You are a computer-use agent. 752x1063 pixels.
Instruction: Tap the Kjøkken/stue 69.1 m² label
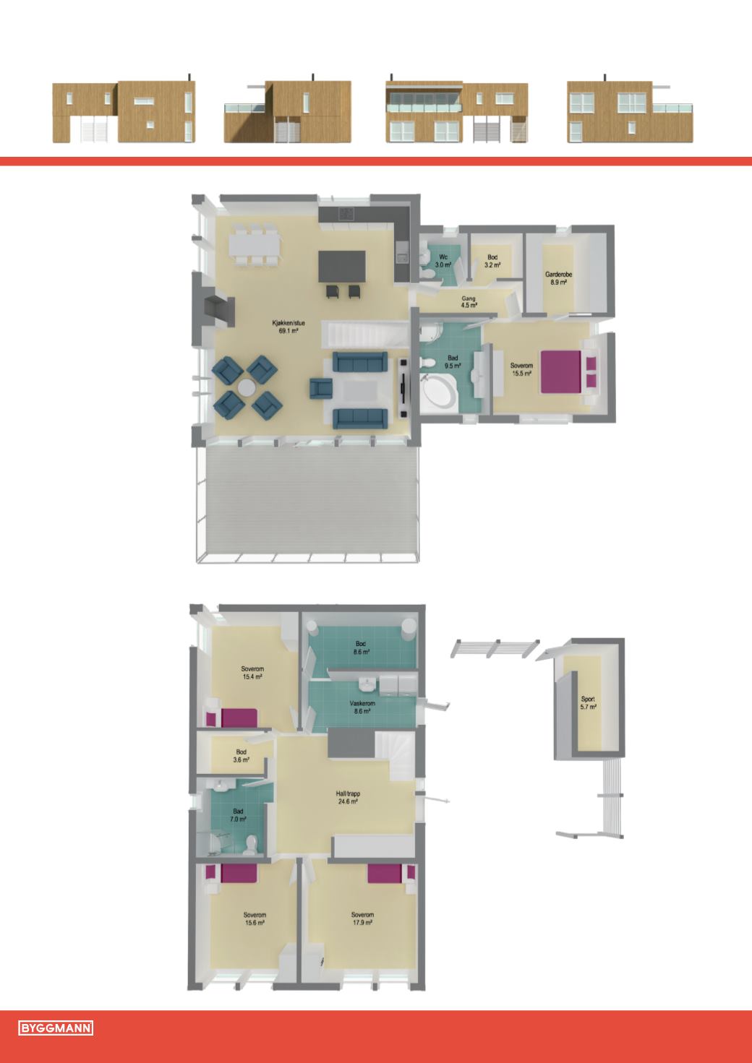289,327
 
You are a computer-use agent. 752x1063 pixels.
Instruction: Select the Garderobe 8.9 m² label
558,278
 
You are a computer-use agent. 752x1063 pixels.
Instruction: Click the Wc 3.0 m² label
443,261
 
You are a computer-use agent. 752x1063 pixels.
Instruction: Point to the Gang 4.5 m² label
469,302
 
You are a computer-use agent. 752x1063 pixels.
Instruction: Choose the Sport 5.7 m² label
588,703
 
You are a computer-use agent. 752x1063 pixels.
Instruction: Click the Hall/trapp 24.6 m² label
348,797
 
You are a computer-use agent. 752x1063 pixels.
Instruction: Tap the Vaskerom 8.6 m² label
362,707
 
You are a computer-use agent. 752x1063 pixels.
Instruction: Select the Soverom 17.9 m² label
362,918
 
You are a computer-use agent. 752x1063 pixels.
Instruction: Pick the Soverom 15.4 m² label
252,673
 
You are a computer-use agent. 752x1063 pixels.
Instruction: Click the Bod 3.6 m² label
242,755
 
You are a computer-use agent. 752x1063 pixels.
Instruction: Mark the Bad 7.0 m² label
239,815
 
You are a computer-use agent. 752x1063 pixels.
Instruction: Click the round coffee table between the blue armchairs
247,388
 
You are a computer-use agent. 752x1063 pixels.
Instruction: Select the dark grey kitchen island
342,267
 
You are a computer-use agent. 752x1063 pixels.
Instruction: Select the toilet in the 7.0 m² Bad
251,845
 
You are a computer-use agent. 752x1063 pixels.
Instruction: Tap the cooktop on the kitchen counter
346,214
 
